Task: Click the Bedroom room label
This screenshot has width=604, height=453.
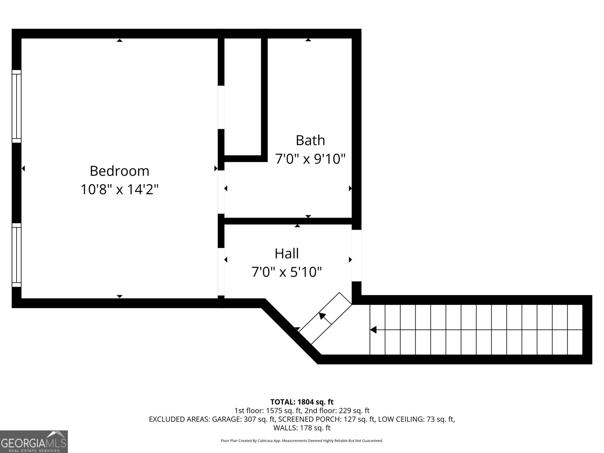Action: pyautogui.click(x=119, y=171)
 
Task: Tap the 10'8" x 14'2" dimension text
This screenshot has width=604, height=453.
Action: pyautogui.click(x=119, y=189)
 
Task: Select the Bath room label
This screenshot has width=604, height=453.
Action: pyautogui.click(x=310, y=140)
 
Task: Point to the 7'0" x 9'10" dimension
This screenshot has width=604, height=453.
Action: pyautogui.click(x=310, y=159)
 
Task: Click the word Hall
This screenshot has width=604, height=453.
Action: pyautogui.click(x=287, y=253)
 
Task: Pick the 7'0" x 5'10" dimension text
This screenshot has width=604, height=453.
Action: pyautogui.click(x=287, y=272)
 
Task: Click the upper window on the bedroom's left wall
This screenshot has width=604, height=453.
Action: pyautogui.click(x=17, y=106)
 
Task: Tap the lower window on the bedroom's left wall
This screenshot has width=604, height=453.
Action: pyautogui.click(x=17, y=255)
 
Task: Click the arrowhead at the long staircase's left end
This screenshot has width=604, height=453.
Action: pyautogui.click(x=373, y=330)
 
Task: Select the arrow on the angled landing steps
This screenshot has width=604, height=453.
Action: pyautogui.click(x=323, y=316)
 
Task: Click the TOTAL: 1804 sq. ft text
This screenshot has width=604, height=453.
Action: pyautogui.click(x=302, y=402)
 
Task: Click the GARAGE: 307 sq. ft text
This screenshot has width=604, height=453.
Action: pyautogui.click(x=240, y=419)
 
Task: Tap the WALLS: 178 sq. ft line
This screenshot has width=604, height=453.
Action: pyautogui.click(x=302, y=428)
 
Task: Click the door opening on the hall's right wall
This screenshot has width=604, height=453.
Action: pyautogui.click(x=356, y=256)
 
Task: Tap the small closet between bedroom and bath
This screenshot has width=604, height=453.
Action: pyautogui.click(x=243, y=96)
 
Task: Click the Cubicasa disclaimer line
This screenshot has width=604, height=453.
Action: pyautogui.click(x=302, y=441)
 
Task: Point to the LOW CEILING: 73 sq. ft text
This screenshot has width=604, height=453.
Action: pyautogui.click(x=416, y=419)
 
